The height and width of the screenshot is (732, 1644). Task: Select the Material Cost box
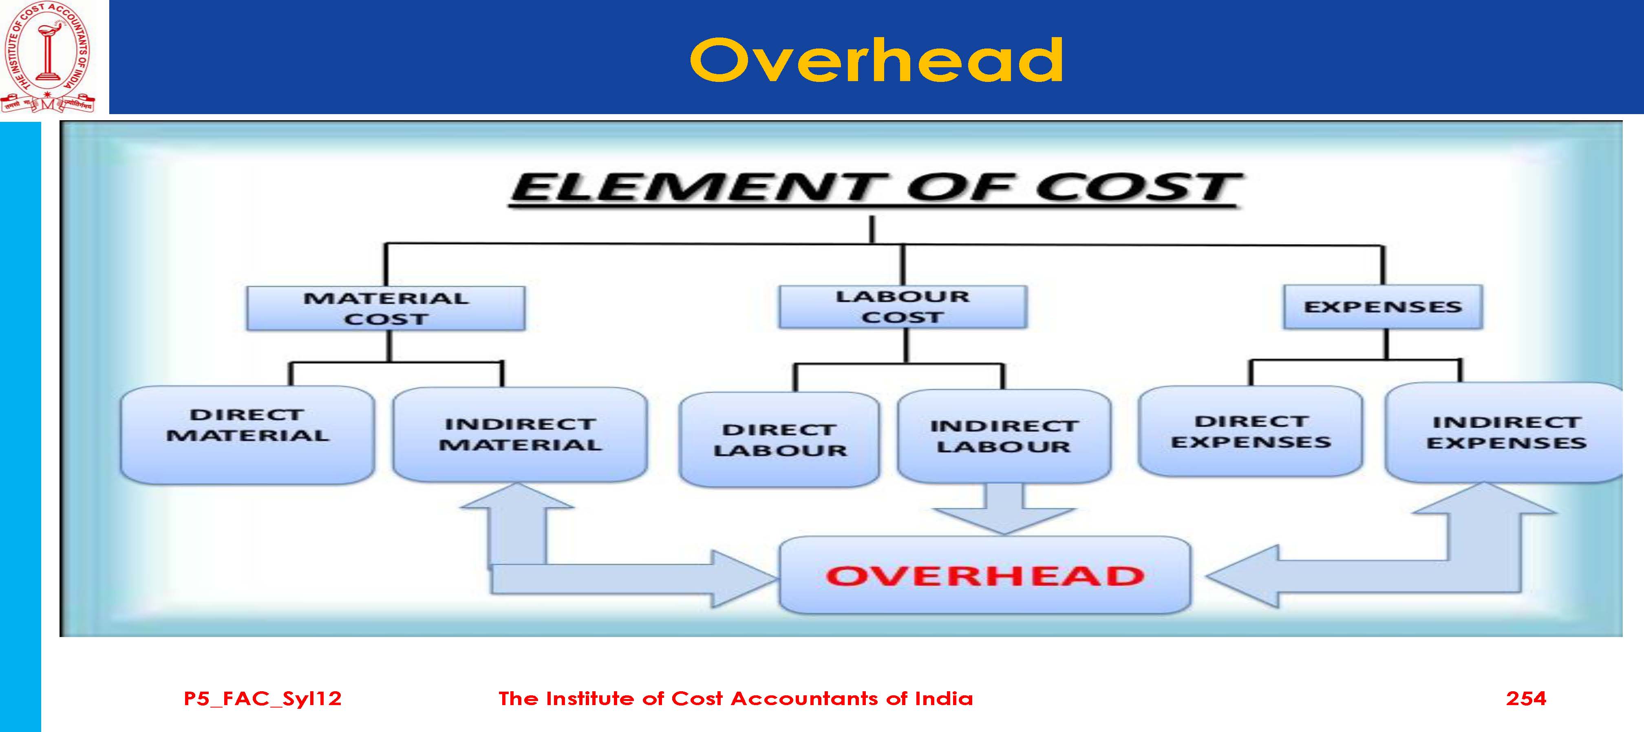pos(386,308)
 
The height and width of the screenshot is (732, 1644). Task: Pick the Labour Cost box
pos(903,307)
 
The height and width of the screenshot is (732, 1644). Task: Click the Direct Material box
pos(247,434)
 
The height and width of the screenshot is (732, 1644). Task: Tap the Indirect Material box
pos(520,434)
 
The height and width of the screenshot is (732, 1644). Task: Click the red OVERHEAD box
pos(985,575)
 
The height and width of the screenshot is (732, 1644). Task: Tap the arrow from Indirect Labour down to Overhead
pos(1004,509)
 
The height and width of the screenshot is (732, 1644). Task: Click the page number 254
pos(1526,698)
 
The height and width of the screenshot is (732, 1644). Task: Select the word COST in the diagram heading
pos(1138,187)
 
